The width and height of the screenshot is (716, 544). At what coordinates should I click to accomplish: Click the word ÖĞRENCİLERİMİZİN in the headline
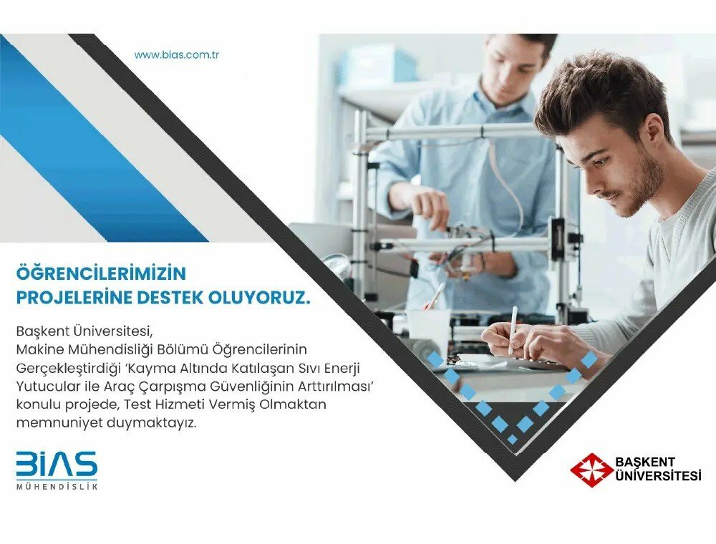pyautogui.click(x=100, y=273)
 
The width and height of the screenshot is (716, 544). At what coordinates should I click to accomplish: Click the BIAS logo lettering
pyautogui.click(x=57, y=465)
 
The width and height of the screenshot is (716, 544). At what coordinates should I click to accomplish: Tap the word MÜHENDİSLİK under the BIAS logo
pyautogui.click(x=57, y=487)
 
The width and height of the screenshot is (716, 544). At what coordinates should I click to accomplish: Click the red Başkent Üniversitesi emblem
pyautogui.click(x=591, y=470)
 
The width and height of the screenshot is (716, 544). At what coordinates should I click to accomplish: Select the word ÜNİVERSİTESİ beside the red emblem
pyautogui.click(x=658, y=477)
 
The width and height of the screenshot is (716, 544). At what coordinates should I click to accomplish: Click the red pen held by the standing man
pyautogui.click(x=435, y=294)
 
